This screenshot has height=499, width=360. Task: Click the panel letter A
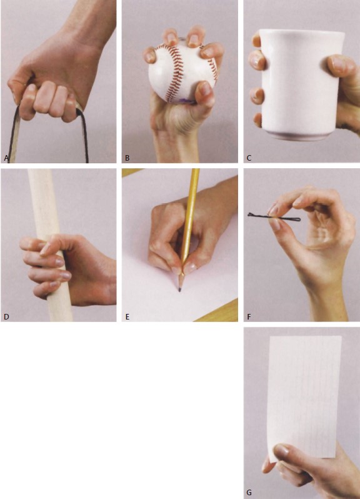pyautogui.click(x=6, y=158)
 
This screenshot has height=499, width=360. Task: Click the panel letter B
pyautogui.click(x=127, y=158)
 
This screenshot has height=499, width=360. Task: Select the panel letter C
pyautogui.click(x=249, y=158)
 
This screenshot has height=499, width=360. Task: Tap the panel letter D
pyautogui.click(x=6, y=316)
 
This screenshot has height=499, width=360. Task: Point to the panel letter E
pyautogui.click(x=127, y=316)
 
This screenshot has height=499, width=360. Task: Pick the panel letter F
pyautogui.click(x=249, y=316)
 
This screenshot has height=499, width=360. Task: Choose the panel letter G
pyautogui.click(x=249, y=493)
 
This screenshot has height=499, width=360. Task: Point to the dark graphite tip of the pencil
pyautogui.click(x=180, y=290)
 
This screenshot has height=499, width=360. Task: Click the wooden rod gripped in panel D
pyautogui.click(x=51, y=245)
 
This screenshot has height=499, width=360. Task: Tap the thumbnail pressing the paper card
pyautogui.click(x=282, y=450)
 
